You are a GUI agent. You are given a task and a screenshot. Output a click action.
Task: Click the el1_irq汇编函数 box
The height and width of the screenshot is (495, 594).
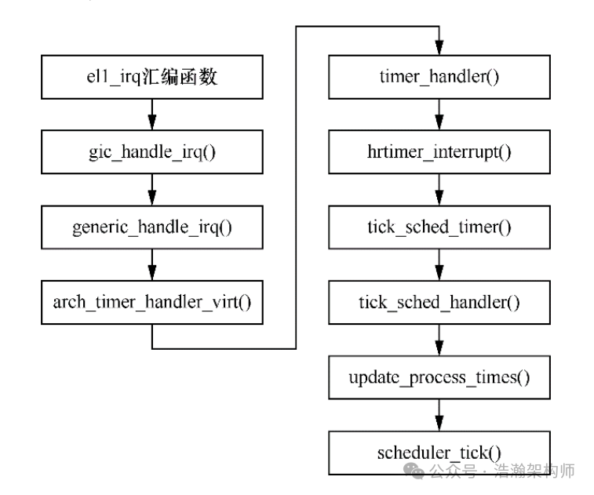[x=152, y=76]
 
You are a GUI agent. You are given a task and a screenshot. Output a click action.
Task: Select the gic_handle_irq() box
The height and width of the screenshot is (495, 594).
[x=152, y=151]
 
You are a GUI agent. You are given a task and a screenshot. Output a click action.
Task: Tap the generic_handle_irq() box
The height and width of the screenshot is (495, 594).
[x=152, y=227]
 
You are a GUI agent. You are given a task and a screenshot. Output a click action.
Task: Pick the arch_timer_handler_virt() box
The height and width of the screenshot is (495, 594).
[x=152, y=302]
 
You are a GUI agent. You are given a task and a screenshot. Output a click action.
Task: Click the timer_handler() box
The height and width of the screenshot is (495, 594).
[x=439, y=76]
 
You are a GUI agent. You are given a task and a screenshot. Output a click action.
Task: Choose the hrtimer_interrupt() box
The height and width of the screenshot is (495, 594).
[x=439, y=151]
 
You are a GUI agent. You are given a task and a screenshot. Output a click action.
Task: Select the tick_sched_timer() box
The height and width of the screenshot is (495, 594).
[x=439, y=227]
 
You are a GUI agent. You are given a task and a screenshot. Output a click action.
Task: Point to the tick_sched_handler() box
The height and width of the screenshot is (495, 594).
[x=439, y=302]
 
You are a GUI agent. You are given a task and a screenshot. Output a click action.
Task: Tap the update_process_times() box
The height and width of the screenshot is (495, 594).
[x=439, y=377]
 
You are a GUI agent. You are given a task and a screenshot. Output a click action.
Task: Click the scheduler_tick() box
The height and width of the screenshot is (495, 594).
[x=439, y=453]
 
